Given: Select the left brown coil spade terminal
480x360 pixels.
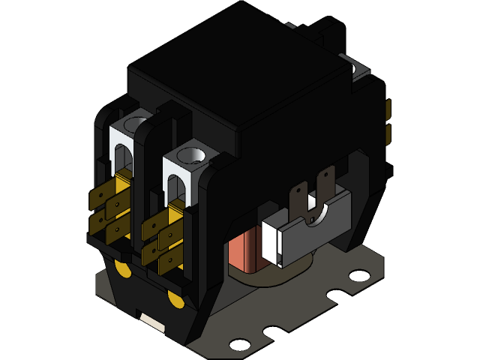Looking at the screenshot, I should [x=299, y=199].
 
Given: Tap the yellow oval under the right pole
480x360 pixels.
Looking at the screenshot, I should [x=175, y=300].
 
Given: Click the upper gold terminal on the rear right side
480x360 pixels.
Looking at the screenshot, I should [x=388, y=111].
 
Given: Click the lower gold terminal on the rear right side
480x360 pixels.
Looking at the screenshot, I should [x=388, y=135].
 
